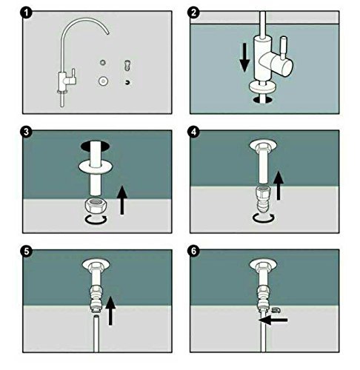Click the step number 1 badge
click(x=27, y=13)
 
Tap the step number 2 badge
click(x=193, y=13)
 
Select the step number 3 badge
click(x=27, y=132)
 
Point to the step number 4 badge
click(x=193, y=132)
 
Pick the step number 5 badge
click(x=27, y=251)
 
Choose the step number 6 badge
click(x=193, y=251)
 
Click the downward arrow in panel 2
click(x=244, y=58)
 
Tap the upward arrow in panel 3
click(x=122, y=201)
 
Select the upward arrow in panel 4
click(x=279, y=186)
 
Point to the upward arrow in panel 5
click(x=110, y=311)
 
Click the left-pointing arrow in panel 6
click(x=273, y=320)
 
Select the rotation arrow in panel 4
click(x=264, y=220)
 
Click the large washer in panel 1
click(x=104, y=81)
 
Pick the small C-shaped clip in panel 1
click(x=127, y=82)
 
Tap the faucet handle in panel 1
click(x=73, y=75)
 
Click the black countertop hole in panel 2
click(x=263, y=99)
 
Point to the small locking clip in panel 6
click(x=275, y=309)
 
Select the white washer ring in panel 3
click(x=96, y=166)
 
